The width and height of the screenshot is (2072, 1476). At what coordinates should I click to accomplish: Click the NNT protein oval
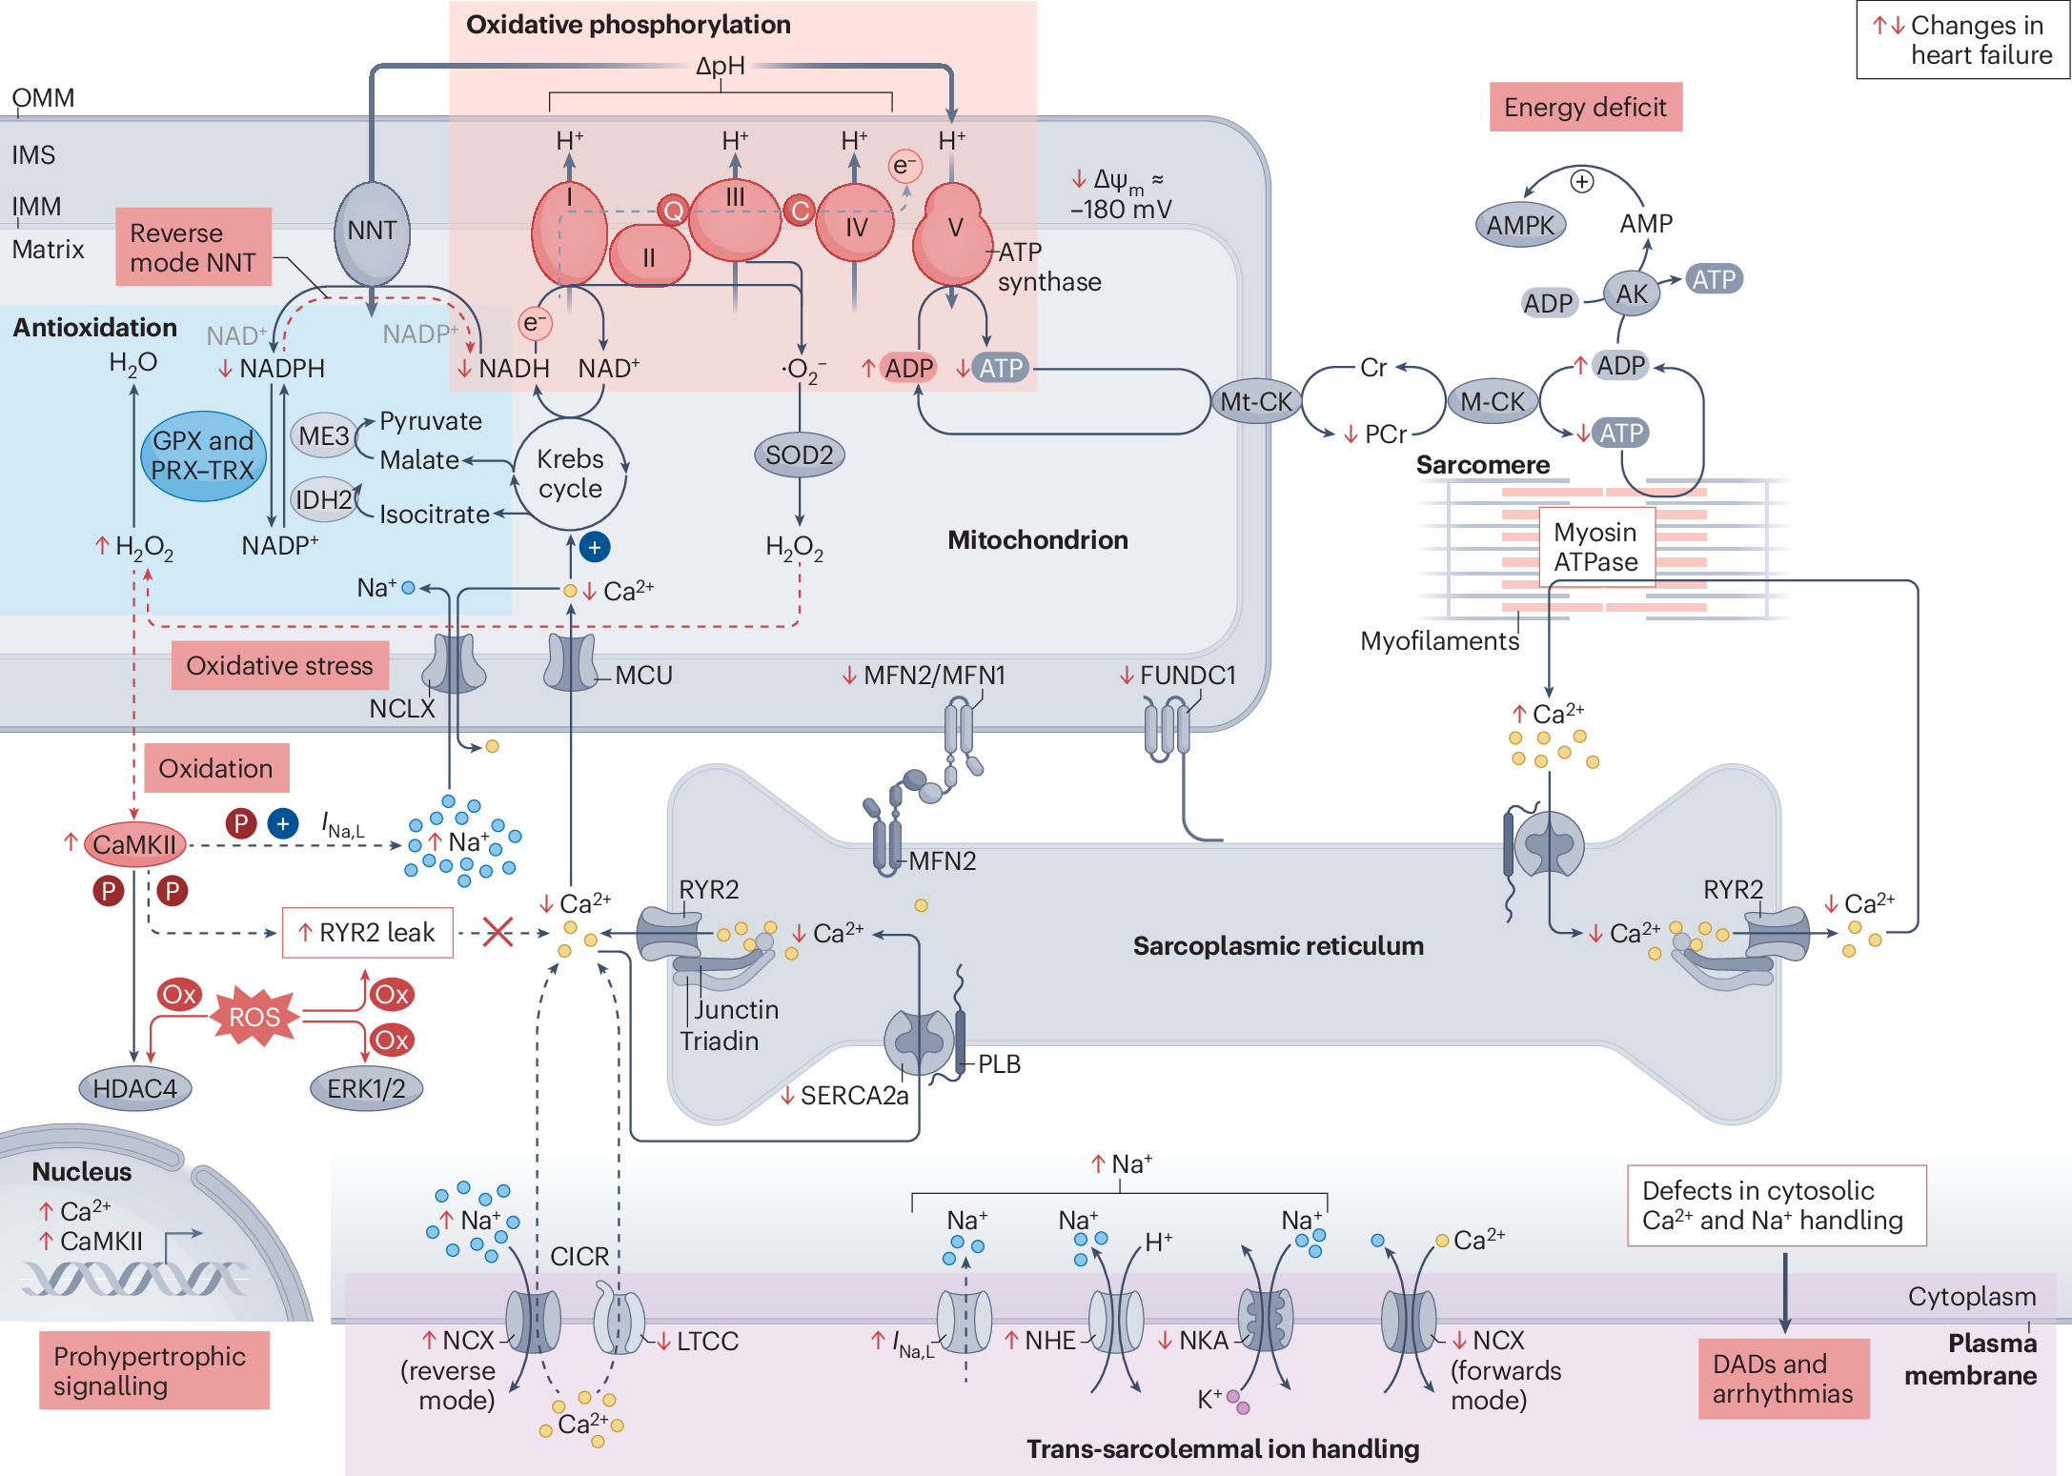(x=372, y=232)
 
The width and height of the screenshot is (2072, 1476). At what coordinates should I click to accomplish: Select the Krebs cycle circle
(x=570, y=474)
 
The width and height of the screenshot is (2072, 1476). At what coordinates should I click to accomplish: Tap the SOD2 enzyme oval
(x=799, y=455)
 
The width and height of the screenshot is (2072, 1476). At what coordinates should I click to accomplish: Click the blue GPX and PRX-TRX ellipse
(x=203, y=455)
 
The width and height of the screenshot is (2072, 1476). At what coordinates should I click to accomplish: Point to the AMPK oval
(x=1520, y=226)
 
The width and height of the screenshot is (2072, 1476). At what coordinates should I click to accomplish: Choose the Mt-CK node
(x=1255, y=401)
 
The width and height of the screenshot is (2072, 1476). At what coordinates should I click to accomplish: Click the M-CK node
(x=1492, y=402)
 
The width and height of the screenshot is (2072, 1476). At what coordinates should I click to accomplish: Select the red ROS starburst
(x=254, y=1017)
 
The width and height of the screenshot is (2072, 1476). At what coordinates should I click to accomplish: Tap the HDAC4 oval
(x=134, y=1088)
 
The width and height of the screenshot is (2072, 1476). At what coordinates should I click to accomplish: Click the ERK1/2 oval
(x=366, y=1088)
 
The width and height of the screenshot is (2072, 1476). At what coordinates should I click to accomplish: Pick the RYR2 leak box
(x=368, y=932)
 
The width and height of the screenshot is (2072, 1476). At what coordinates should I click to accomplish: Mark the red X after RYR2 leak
(x=498, y=931)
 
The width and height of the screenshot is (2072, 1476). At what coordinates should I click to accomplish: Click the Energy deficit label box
(x=1585, y=107)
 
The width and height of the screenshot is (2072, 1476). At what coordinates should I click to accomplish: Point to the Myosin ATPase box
(x=1595, y=547)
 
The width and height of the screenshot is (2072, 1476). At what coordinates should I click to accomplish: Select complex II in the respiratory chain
(x=649, y=255)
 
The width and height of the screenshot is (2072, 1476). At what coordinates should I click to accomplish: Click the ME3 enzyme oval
(x=323, y=436)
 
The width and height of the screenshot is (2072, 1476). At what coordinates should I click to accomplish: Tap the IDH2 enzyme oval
(x=324, y=499)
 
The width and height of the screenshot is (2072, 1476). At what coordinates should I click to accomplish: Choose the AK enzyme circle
(x=1631, y=293)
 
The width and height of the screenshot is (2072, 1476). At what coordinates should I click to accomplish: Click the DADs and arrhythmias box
(x=1782, y=1378)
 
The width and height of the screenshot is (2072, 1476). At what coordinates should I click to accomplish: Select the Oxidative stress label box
(x=279, y=665)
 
